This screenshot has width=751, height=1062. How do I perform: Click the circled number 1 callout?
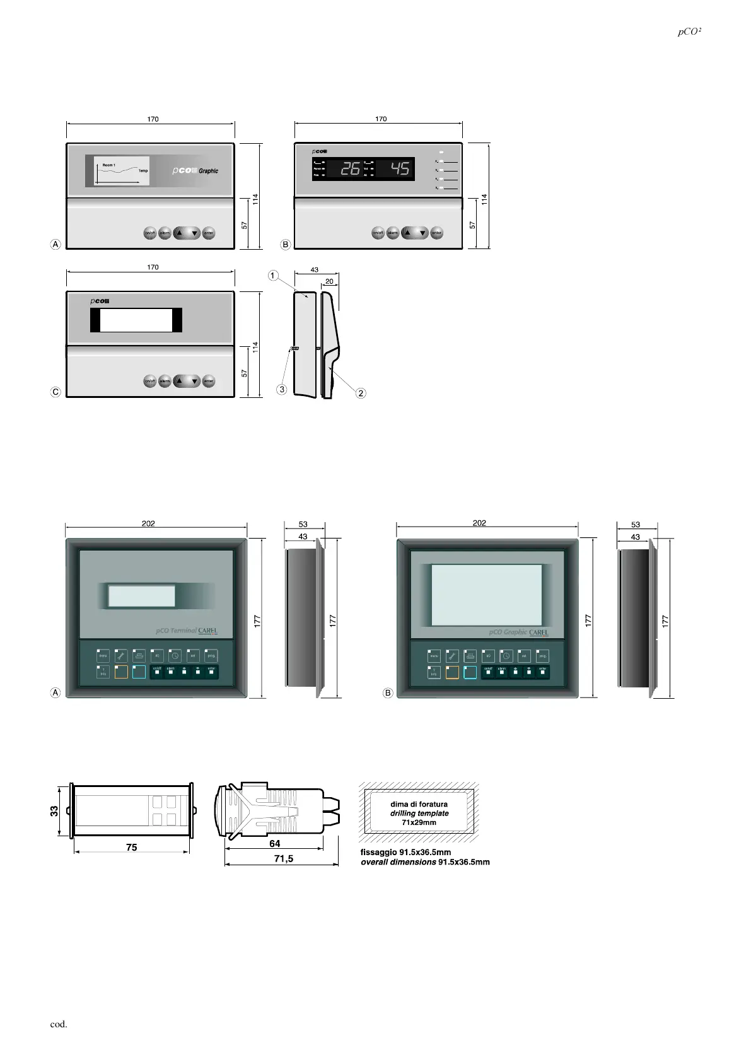(272, 276)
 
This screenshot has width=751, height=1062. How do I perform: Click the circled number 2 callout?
(361, 394)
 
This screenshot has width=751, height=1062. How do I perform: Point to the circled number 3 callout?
(282, 390)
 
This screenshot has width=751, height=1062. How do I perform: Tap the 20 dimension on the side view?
(329, 281)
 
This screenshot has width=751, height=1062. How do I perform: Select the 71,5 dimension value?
(284, 858)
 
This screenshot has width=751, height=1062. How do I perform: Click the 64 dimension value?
(275, 843)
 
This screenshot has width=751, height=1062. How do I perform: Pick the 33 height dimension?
(55, 811)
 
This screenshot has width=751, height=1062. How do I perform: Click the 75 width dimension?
(131, 847)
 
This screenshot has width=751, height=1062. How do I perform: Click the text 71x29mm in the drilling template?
(419, 822)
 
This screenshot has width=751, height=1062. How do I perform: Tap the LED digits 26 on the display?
(351, 169)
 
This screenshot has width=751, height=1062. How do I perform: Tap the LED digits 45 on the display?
(400, 169)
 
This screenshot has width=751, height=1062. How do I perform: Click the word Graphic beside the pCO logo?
(209, 171)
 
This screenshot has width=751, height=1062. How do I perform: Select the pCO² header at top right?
(690, 32)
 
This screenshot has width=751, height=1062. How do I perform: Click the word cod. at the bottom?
(59, 1024)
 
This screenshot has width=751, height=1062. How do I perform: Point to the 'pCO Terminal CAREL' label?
(187, 631)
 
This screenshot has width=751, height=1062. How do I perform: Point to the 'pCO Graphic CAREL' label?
(518, 632)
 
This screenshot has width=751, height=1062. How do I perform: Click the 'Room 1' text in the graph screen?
(109, 165)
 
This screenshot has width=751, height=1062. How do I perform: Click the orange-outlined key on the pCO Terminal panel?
(121, 672)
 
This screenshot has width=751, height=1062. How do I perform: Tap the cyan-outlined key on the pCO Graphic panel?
(470, 673)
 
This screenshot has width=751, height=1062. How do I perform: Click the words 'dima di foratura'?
(419, 804)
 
